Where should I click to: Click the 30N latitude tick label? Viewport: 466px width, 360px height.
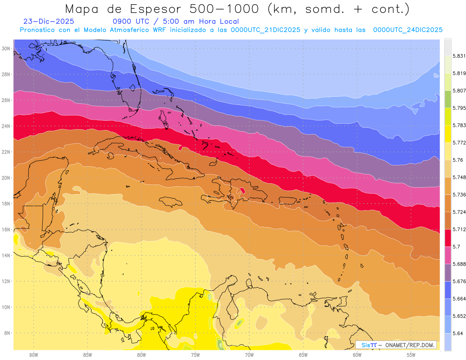6,48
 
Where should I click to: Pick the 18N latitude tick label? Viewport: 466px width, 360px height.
6,203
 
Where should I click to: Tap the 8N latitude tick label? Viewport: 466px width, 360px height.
7,333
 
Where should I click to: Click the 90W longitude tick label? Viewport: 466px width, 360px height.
33,355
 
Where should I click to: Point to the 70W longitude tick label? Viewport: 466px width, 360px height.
249,355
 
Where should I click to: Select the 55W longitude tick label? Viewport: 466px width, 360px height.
411,355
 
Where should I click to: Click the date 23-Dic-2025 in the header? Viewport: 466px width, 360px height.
49,21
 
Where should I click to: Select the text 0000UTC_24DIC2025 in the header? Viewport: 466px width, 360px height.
408,30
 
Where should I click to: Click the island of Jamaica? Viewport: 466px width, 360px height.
171,202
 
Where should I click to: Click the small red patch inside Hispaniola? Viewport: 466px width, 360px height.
243,190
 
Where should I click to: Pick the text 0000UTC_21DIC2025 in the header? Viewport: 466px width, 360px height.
266,30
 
